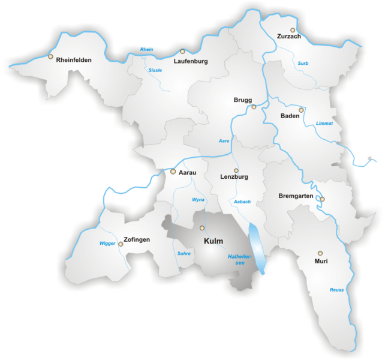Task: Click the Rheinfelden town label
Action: [x=74, y=60]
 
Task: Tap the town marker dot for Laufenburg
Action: [x=182, y=52]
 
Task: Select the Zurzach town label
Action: [x=289, y=37]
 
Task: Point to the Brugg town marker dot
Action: [x=254, y=107]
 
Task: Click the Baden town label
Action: [x=290, y=116]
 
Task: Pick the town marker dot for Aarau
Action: [x=173, y=172]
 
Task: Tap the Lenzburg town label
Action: [x=234, y=177]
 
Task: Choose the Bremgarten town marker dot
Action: [x=322, y=199]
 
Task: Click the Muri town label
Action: [x=321, y=261]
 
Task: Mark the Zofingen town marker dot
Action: [x=121, y=244]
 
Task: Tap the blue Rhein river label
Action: [x=147, y=49]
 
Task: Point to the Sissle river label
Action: [x=155, y=70]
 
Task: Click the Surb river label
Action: [x=303, y=63]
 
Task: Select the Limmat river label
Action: [x=324, y=123]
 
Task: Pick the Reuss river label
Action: [x=337, y=290]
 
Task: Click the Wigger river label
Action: [x=107, y=243]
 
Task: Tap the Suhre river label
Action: [x=184, y=253]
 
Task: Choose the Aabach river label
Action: [x=242, y=202]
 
